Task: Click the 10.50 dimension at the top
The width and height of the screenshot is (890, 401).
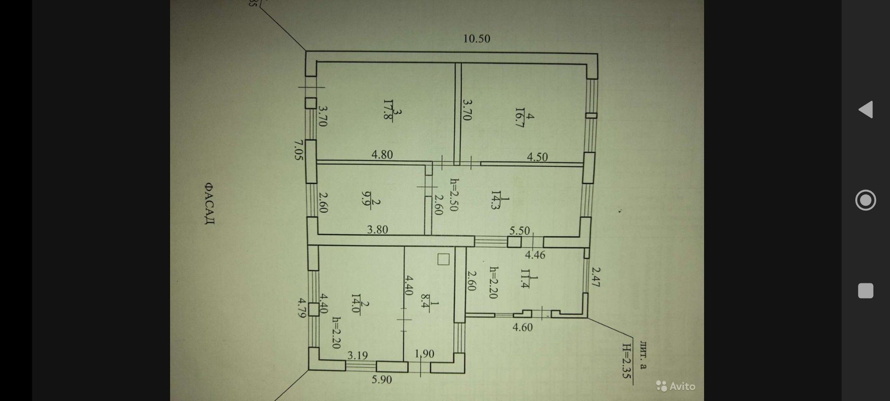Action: [477, 39]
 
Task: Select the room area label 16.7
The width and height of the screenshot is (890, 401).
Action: [520, 117]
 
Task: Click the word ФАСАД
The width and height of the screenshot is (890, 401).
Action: [209, 203]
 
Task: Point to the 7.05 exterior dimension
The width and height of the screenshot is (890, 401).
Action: [299, 150]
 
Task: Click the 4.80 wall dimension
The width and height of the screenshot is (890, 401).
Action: [382, 155]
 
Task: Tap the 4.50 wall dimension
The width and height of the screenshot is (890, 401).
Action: [537, 157]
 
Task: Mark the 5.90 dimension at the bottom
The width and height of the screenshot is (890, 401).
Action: [381, 380]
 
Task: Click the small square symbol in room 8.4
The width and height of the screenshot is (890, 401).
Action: [444, 259]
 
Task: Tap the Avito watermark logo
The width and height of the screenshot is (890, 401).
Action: [675, 386]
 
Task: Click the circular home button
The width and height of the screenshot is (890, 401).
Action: [865, 200]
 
